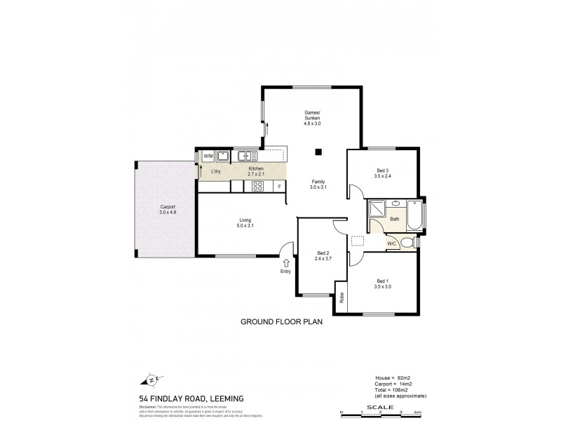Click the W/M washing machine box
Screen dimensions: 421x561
208,156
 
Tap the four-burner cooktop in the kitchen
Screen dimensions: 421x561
257,186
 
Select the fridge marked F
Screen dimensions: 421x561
279,186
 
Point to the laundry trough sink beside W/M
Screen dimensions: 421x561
223,156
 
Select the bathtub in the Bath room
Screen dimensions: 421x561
415,217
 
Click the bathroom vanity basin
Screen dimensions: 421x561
396,204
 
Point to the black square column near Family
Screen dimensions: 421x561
318,151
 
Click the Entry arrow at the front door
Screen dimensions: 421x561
285,262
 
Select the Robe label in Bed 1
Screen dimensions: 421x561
342,297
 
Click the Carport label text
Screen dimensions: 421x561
167,207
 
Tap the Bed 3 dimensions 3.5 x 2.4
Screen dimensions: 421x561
382,176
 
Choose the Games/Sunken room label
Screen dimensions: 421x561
312,116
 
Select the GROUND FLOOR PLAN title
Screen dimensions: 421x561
280,323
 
